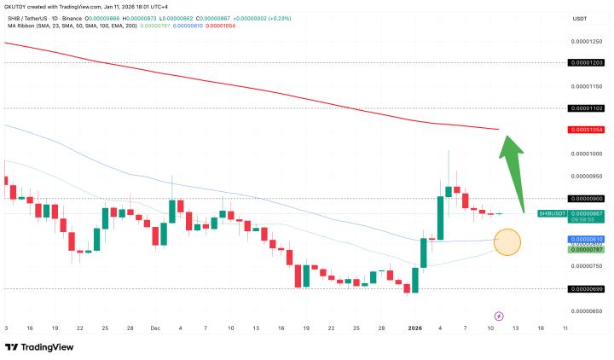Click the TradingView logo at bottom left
click(x=39, y=347)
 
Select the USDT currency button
click(x=579, y=18)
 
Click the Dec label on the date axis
click(x=155, y=328)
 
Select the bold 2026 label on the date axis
click(x=415, y=328)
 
